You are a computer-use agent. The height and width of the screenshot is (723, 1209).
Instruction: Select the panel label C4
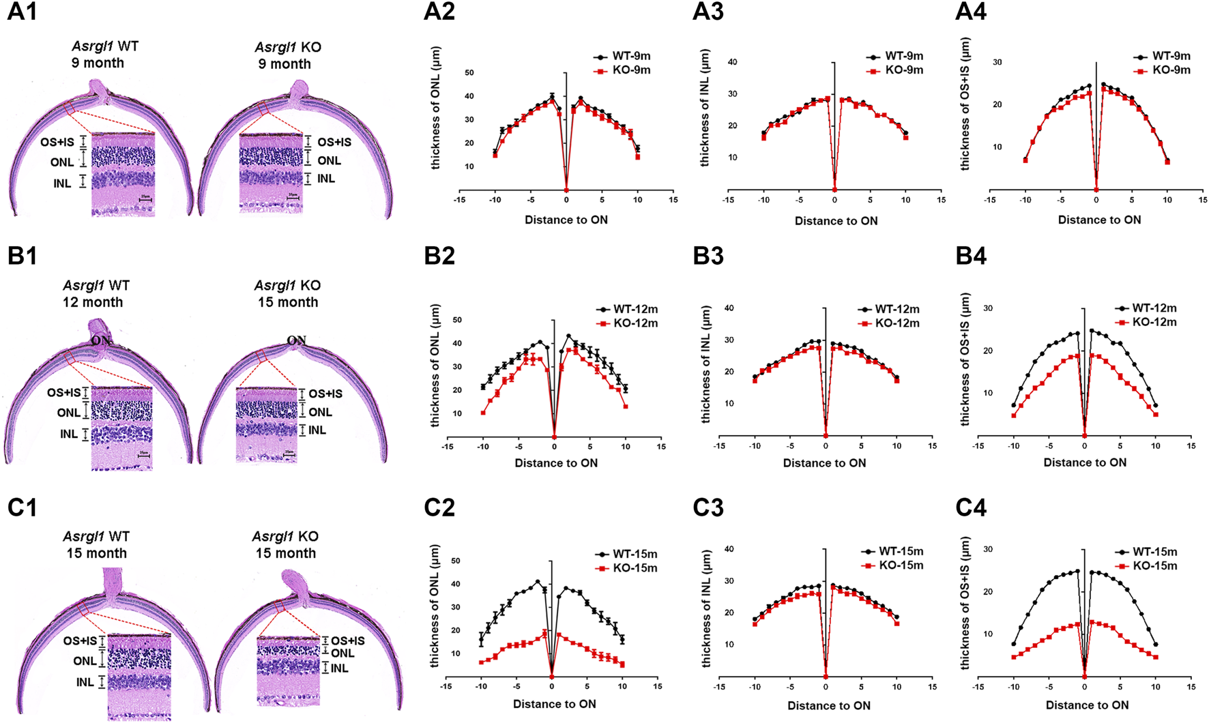971,508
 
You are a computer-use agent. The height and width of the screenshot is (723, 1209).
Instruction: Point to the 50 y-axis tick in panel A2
469,73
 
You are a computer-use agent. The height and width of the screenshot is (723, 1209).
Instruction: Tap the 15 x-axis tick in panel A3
941,200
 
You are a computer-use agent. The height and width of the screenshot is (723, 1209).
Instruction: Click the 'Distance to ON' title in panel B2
556,463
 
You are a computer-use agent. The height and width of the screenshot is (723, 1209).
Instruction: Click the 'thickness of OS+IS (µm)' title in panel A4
965,104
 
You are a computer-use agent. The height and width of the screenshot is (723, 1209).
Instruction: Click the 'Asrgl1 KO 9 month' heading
287,55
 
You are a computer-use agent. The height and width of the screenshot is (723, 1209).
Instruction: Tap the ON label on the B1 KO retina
296,340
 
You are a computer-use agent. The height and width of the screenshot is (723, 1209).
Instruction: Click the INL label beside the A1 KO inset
325,179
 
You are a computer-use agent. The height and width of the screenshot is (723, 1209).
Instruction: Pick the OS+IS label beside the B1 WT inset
63,393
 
